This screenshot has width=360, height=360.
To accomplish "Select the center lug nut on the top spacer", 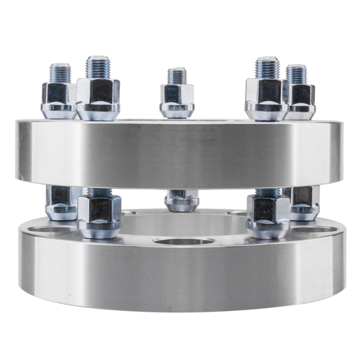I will [x=177, y=100].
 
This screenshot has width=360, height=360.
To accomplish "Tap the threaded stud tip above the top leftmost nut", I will [x=60, y=72].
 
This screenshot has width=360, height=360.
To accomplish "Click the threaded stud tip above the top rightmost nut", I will [x=296, y=73].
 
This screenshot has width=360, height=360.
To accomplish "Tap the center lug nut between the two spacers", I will [x=181, y=201].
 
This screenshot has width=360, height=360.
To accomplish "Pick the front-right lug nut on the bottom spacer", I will [x=268, y=216].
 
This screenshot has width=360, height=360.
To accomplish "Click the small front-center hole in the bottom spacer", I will [x=183, y=240].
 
